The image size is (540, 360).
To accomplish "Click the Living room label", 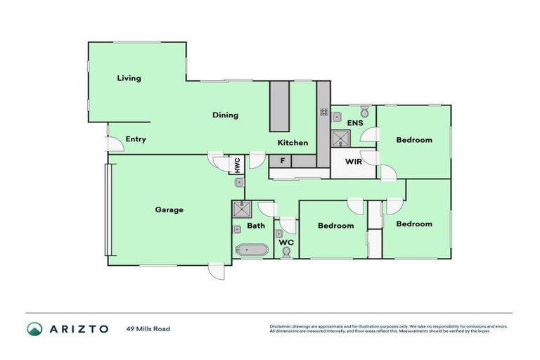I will tap(129, 78).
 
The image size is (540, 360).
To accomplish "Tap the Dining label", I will tap(226, 115).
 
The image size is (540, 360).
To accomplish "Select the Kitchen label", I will tap(292, 143).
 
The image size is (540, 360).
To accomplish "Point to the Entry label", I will tap(136, 139).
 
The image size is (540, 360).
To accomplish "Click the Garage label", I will tap(169, 210).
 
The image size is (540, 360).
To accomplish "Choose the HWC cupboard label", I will tap(238, 165).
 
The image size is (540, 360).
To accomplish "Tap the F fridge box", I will tap(281, 161).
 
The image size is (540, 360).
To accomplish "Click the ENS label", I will tap(355, 123).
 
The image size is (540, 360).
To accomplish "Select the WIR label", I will tap(354, 161).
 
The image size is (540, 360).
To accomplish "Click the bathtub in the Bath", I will tap(252, 249).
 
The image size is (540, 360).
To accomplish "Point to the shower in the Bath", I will tap(243, 208).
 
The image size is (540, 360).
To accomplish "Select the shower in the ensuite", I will tap(340, 138).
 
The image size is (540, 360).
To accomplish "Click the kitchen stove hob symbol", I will tap(324, 112).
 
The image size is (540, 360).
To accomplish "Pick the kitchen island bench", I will tap(280, 105).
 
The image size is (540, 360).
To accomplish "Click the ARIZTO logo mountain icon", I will tap(34, 329).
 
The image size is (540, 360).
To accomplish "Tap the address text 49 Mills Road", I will tap(148, 328).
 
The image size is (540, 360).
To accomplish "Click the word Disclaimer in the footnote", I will tap(281, 326).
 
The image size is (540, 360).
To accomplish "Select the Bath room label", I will tap(256, 226).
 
